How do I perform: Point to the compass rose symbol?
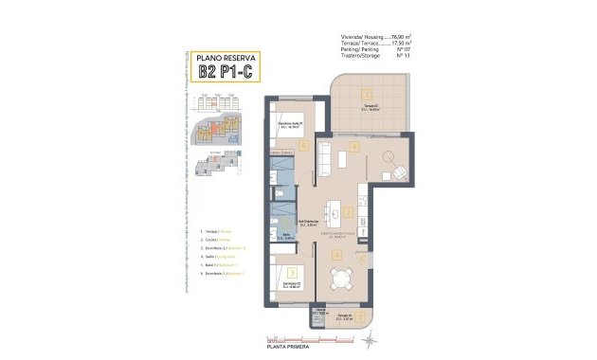372,334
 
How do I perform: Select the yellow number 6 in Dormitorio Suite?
303,145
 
